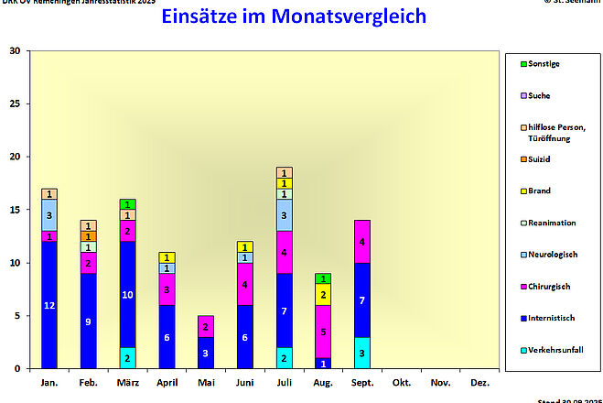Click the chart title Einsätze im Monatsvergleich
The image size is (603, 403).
click(294, 16)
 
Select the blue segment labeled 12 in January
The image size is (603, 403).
click(49, 305)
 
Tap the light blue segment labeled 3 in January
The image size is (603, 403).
click(49, 215)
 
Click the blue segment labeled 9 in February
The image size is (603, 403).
click(89, 321)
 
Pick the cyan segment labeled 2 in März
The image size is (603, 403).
click(128, 358)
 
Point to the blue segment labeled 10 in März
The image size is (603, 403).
click(128, 295)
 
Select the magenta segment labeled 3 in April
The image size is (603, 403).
click(167, 289)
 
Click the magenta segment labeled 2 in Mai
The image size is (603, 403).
click(206, 327)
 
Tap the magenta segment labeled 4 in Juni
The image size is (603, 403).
click(245, 285)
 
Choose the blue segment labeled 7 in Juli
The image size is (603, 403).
click(284, 311)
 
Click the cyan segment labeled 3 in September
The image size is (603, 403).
click(362, 353)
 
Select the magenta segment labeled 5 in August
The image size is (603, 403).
click(323, 332)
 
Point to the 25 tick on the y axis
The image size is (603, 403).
click(15, 103)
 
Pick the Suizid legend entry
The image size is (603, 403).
click(540, 159)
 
